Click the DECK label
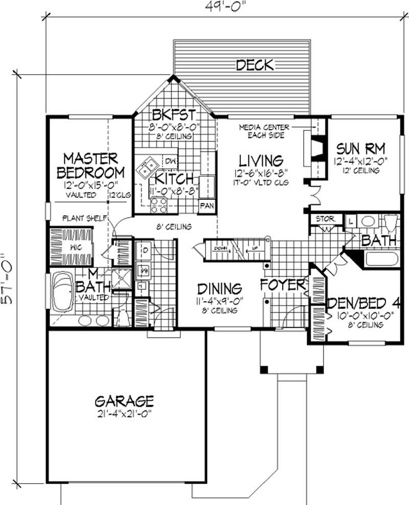(255, 65)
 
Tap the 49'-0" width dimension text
(224, 7)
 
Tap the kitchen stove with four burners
(158, 205)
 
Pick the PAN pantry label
(207, 206)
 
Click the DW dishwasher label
(171, 160)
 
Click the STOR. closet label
(325, 219)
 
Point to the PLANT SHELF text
(84, 218)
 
